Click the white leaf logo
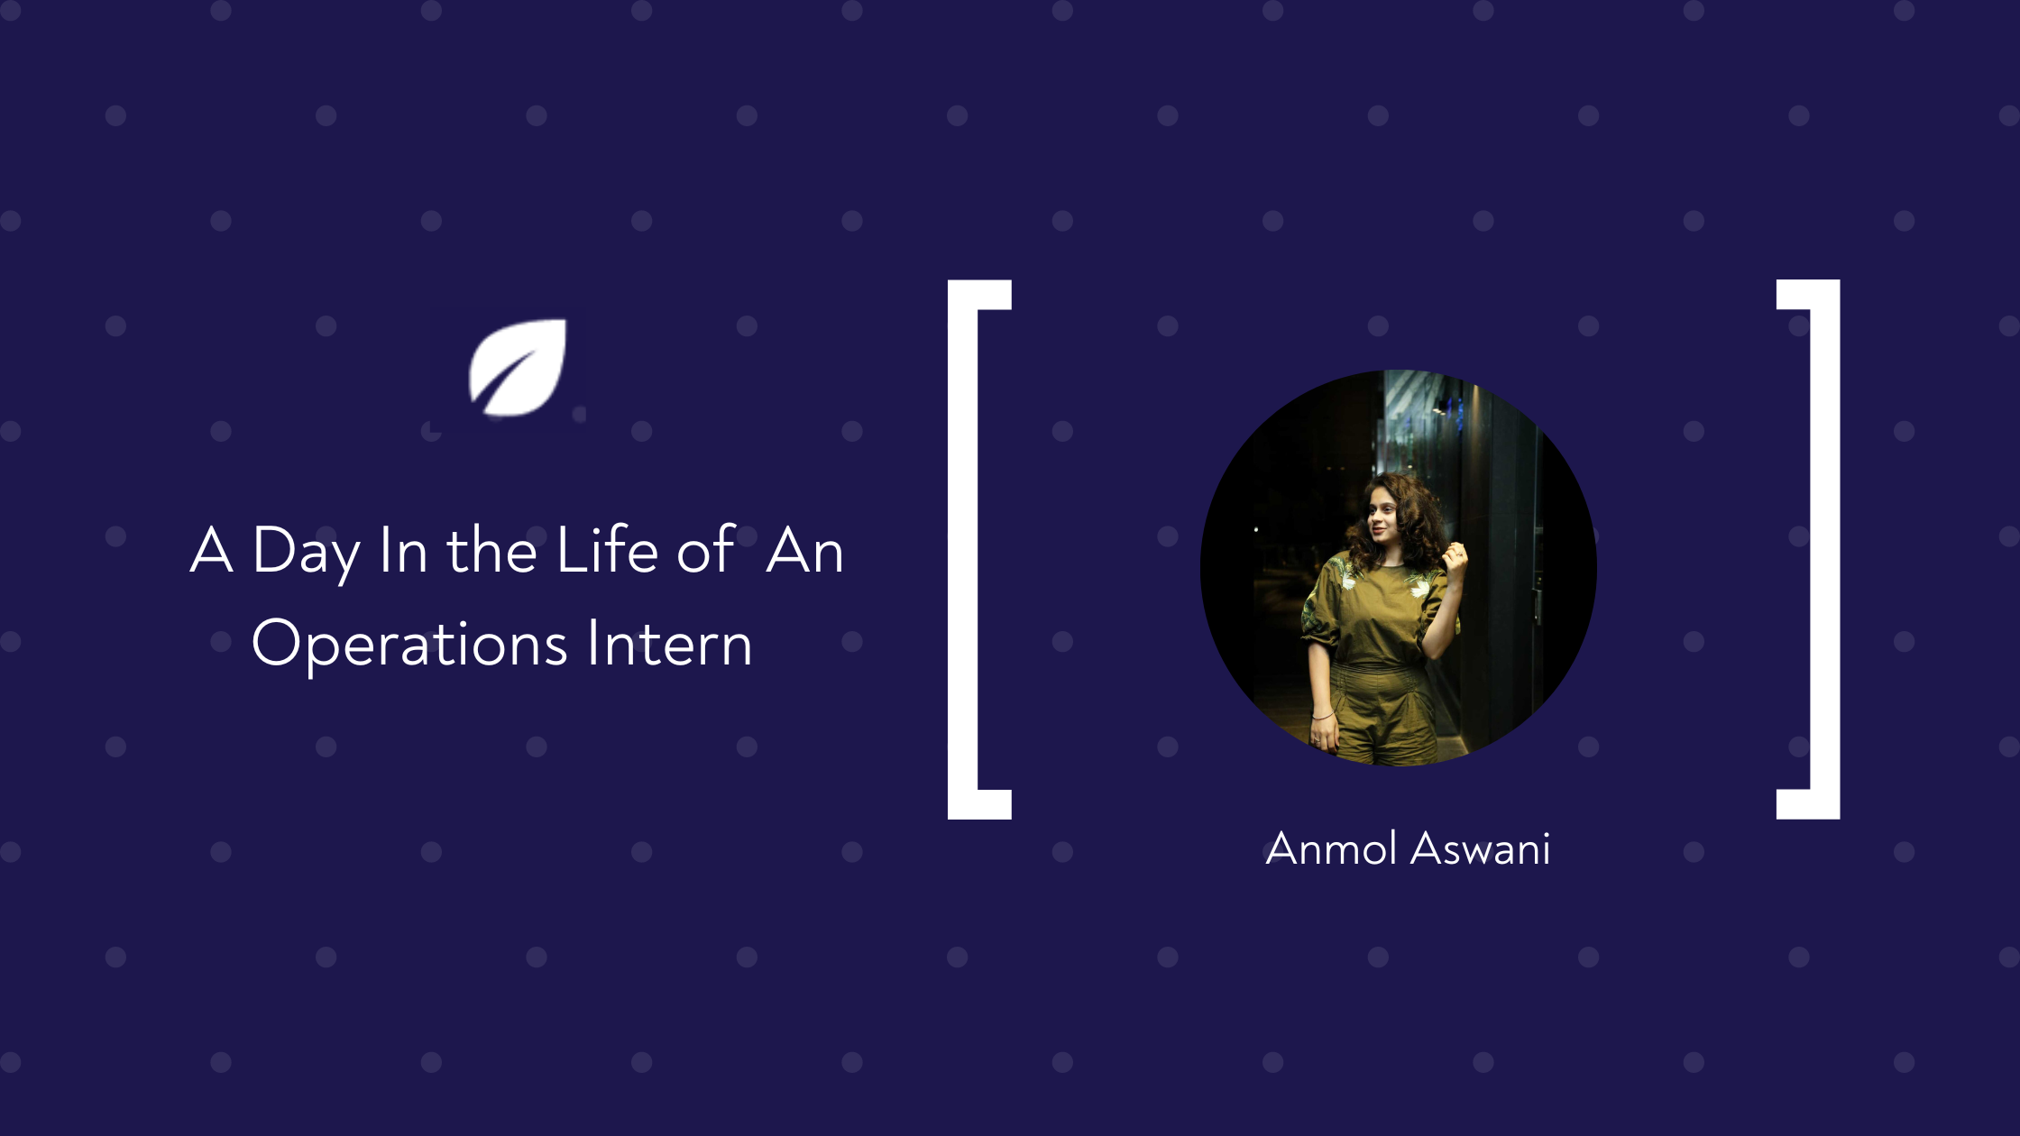point(518,368)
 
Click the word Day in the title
point(307,551)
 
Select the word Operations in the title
point(409,644)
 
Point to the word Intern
point(670,643)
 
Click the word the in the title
point(492,549)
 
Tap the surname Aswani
point(1481,848)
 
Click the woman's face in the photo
point(1381,518)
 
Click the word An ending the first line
point(804,550)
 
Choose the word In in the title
point(403,550)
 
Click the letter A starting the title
point(212,549)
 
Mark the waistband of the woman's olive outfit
point(1377,668)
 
